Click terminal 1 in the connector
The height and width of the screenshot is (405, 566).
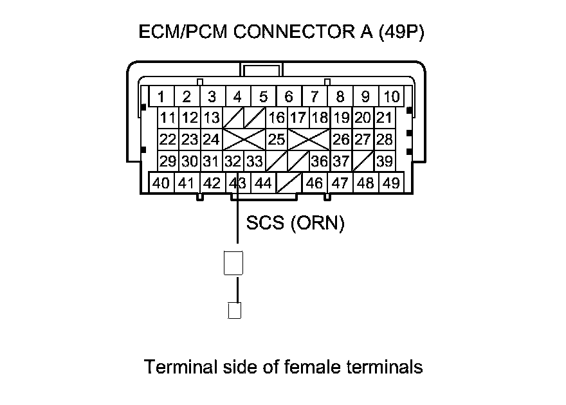161,97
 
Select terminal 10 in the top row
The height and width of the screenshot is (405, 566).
391,97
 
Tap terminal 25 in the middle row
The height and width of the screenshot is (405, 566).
277,139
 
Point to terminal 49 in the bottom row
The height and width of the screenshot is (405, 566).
390,183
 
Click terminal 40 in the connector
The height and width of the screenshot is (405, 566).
161,183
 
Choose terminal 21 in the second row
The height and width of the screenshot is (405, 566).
384,118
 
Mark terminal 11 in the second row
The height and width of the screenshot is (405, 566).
169,118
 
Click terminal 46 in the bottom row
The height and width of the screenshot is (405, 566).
315,183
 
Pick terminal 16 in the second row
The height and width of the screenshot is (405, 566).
277,118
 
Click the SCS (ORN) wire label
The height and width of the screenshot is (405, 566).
295,223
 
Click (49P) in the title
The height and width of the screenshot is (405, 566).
401,32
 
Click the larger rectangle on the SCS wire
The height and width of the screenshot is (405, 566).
233,263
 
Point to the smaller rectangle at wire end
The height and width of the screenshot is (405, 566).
234,310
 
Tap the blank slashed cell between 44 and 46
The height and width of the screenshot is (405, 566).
289,183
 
